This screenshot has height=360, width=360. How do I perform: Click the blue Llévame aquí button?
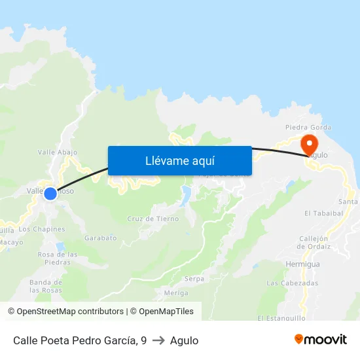[179, 160]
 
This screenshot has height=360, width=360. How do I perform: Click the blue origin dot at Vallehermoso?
[50, 194]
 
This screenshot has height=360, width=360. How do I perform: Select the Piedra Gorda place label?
[308, 128]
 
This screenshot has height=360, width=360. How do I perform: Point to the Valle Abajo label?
[58, 152]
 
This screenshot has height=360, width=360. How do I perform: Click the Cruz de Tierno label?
[153, 219]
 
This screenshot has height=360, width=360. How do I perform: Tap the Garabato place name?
[100, 238]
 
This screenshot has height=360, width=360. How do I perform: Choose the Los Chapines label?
[42, 229]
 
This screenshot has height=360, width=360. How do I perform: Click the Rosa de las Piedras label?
[58, 258]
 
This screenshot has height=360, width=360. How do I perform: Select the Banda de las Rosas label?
[46, 285]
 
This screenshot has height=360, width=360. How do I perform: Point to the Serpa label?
[194, 278]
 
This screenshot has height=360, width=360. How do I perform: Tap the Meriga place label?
[176, 293]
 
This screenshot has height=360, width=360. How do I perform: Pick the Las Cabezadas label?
[292, 283]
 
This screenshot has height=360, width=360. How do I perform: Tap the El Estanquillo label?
[281, 318]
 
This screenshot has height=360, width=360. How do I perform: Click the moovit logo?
[321, 340]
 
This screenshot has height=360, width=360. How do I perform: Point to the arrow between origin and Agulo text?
[158, 340]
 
